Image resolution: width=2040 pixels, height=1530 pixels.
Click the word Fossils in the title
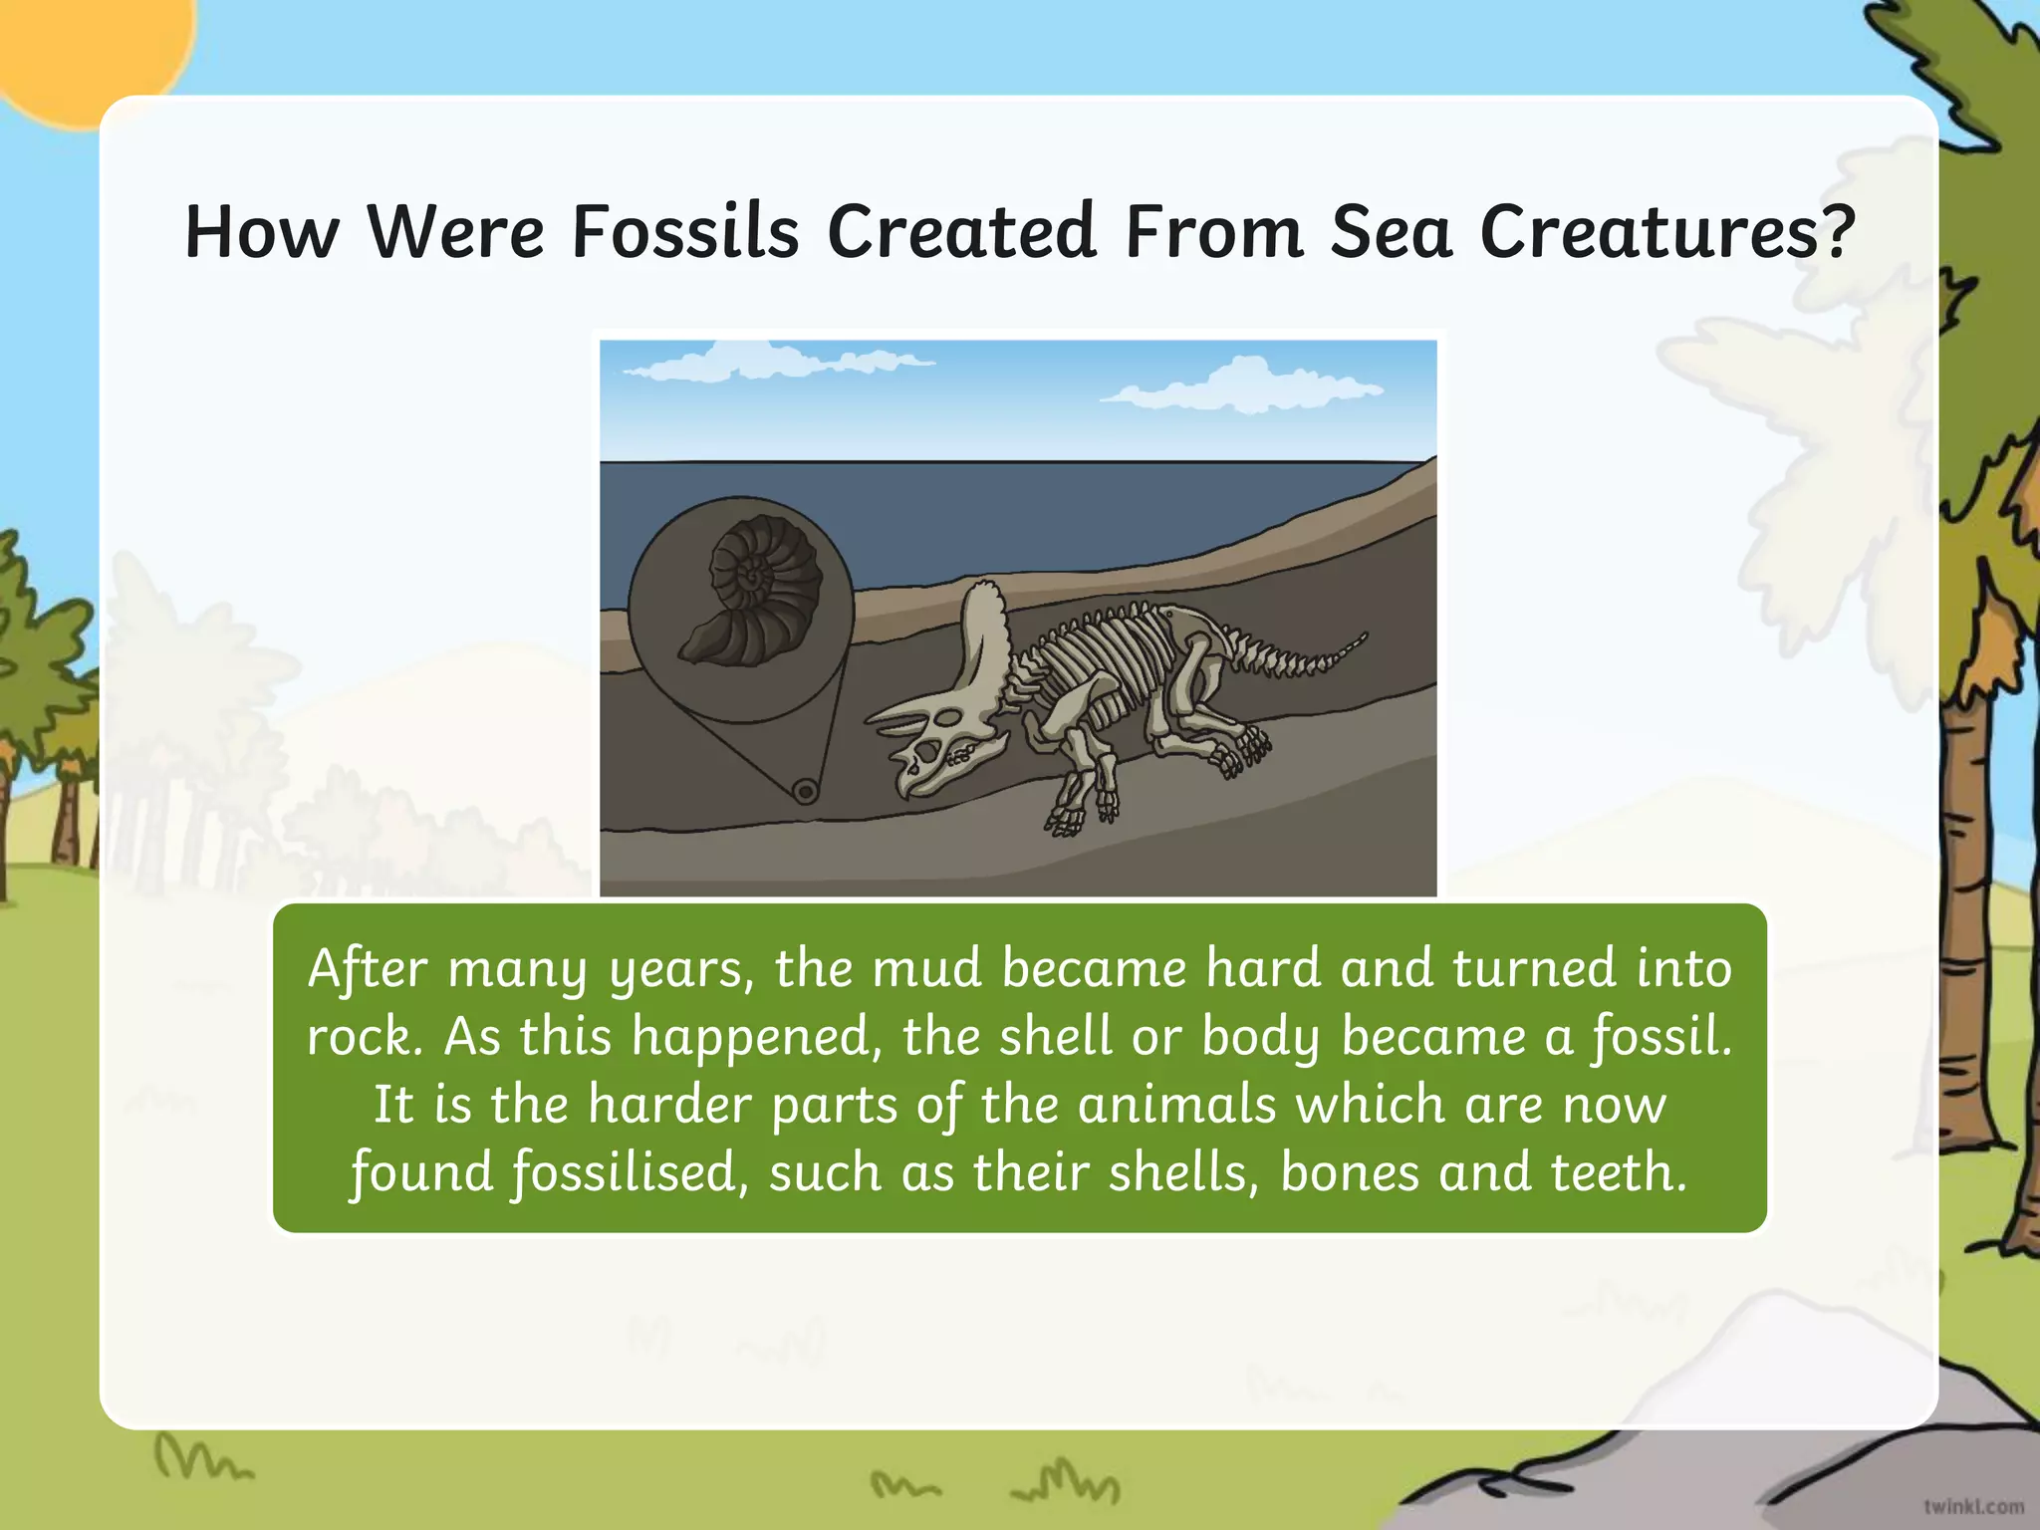(x=685, y=232)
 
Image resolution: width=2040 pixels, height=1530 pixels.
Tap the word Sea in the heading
(x=1391, y=232)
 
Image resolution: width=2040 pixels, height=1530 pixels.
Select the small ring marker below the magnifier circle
(x=805, y=792)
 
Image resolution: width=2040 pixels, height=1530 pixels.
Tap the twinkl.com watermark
(x=1973, y=1506)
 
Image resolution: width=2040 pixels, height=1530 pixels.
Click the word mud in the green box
(x=926, y=968)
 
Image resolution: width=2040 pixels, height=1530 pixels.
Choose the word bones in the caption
(x=1350, y=1172)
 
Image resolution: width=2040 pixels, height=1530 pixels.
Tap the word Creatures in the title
(x=1654, y=232)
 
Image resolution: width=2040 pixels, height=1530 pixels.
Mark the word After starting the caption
(x=368, y=968)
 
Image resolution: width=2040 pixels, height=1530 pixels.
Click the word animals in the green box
(x=1176, y=1105)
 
